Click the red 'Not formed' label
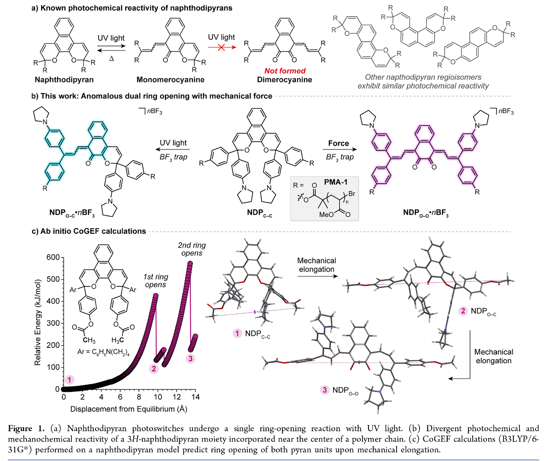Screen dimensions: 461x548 (285, 71)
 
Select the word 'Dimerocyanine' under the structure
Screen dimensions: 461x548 (285, 79)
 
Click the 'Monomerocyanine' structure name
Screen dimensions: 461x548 (170, 79)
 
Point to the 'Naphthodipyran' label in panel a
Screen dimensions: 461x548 (64, 79)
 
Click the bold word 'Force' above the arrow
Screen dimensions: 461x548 (338, 143)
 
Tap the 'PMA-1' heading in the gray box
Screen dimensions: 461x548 (336, 182)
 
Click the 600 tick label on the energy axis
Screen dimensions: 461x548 (53, 258)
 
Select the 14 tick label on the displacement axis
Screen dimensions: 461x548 (195, 397)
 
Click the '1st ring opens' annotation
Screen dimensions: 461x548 (156, 281)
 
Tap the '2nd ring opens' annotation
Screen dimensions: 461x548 (192, 249)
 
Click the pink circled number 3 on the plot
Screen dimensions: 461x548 (191, 359)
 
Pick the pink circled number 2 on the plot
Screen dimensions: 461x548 (154, 369)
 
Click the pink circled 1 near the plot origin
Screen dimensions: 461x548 (70, 380)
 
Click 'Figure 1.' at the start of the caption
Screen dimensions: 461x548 (26, 429)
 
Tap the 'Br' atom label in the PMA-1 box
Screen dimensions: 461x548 (352, 194)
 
